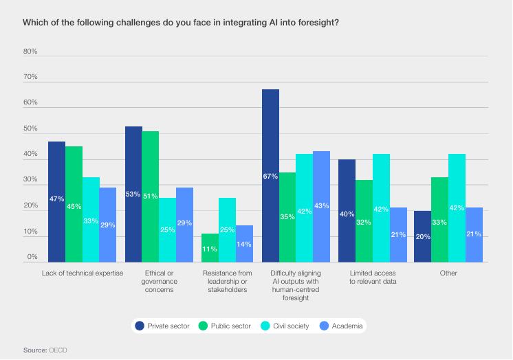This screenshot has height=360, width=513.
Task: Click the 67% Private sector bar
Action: click(270, 175)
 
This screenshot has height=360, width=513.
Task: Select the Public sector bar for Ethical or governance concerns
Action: click(150, 196)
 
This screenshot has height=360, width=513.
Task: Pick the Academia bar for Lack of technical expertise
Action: click(107, 224)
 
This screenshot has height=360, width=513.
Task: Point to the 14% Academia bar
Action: click(244, 243)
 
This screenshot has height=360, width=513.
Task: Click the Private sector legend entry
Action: click(162, 326)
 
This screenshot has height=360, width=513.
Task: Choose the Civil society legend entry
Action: click(281, 326)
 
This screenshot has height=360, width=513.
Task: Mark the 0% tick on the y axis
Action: click(32, 257)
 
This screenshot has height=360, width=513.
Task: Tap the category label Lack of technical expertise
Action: click(82, 273)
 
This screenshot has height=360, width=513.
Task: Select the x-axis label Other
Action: click(448, 273)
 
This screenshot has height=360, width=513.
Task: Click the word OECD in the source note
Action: click(58, 350)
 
